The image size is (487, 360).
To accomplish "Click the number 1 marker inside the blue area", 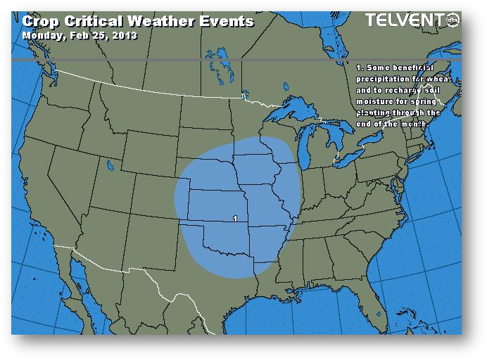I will coord(234,219).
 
